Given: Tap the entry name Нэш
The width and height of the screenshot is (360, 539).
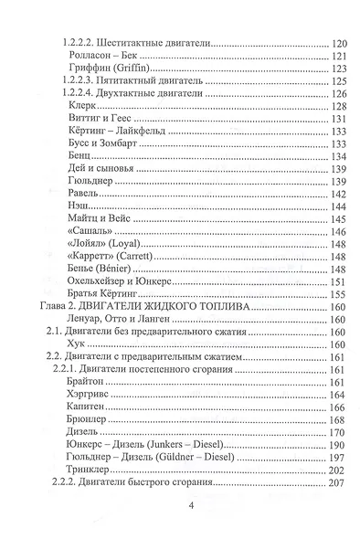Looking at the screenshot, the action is (x=80, y=210).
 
